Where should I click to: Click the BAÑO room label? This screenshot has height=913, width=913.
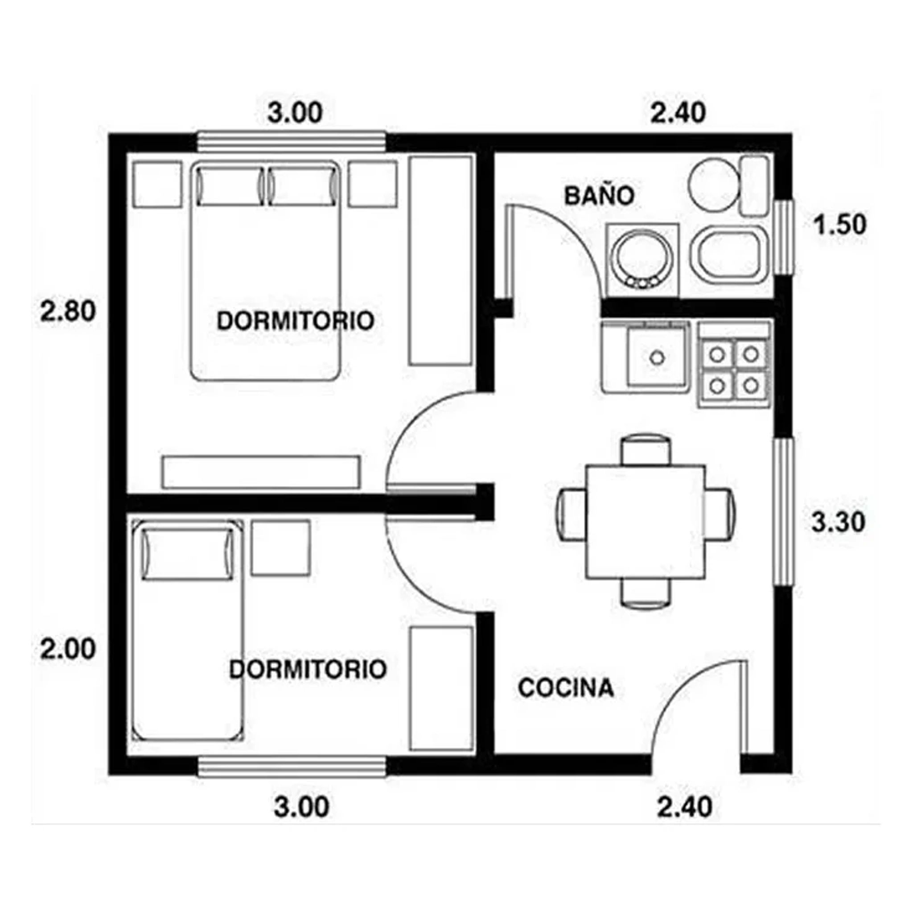pyautogui.click(x=599, y=196)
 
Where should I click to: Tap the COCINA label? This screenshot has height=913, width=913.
pyautogui.click(x=566, y=688)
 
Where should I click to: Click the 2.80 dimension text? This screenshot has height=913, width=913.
pyautogui.click(x=68, y=312)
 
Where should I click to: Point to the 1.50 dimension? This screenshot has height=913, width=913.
pyautogui.click(x=840, y=225)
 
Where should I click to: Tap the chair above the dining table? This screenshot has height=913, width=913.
pyautogui.click(x=646, y=449)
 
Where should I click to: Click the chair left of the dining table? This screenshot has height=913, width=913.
pyautogui.click(x=572, y=514)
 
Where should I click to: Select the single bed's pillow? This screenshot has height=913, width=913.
pyautogui.click(x=188, y=554)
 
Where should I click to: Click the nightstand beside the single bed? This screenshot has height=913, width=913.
pyautogui.click(x=281, y=548)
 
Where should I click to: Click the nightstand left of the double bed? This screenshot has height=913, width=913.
pyautogui.click(x=157, y=184)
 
